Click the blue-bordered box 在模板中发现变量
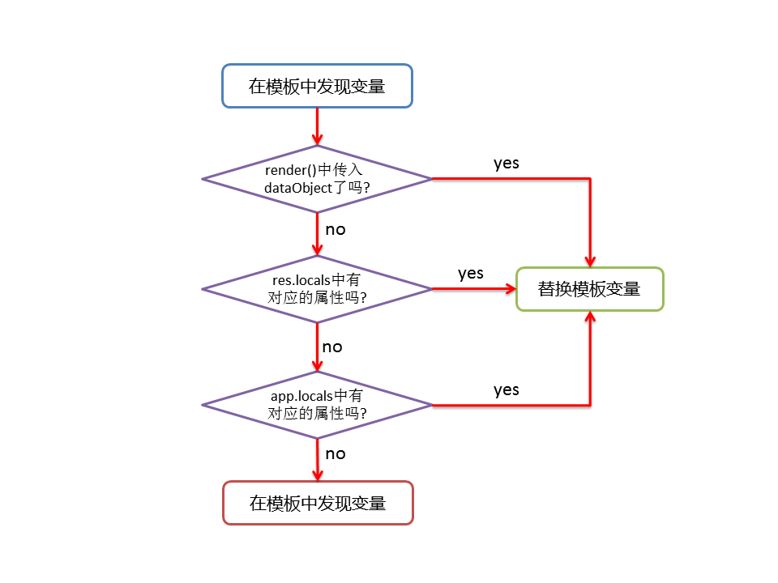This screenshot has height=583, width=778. [x=317, y=86]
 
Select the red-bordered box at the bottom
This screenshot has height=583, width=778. [x=317, y=503]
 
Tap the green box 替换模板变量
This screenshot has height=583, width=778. [x=589, y=289]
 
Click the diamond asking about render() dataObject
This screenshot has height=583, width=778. [x=317, y=179]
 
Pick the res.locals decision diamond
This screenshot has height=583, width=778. [x=317, y=288]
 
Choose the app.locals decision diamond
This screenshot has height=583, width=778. [x=317, y=405]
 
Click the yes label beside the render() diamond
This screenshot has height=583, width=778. [x=507, y=163]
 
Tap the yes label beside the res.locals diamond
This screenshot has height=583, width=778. [x=471, y=273]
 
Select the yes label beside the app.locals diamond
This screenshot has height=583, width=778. [x=507, y=389]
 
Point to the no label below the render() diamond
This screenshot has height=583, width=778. [x=336, y=229]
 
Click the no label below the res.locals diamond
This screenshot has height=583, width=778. [x=332, y=347]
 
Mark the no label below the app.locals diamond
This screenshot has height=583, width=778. [x=336, y=453]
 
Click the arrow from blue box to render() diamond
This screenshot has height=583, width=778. [x=317, y=126]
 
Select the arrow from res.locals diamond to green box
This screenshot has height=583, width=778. [x=474, y=288]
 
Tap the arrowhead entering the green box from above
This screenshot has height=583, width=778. [x=590, y=260]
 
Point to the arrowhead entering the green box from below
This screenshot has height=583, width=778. [x=590, y=318]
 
